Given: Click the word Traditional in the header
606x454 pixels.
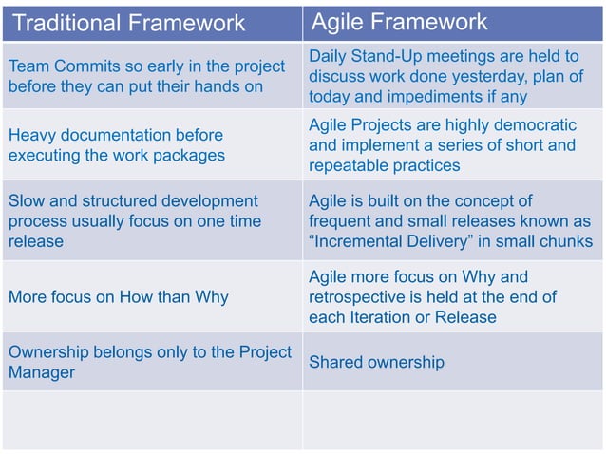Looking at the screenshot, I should point(72,23).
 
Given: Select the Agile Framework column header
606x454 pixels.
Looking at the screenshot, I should point(400,22).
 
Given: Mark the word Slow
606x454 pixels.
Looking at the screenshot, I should point(27,201).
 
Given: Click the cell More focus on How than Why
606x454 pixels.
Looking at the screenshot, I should point(119,297).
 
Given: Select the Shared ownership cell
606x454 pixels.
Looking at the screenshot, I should point(376,362).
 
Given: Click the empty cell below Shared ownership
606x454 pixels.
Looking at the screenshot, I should point(452,419).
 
